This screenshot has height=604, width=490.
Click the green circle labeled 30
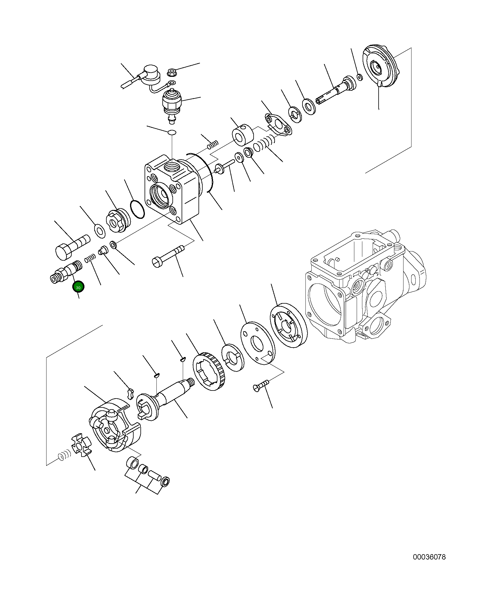[78, 287]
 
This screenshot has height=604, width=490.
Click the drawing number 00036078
[429, 557]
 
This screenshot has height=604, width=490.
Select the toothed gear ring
[209, 372]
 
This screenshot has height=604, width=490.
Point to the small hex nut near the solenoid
[172, 72]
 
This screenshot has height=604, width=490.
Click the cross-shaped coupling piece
[81, 445]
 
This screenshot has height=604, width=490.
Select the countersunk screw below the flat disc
[261, 386]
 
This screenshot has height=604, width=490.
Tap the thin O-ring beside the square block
[137, 209]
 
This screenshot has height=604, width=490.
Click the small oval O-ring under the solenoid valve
[172, 132]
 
